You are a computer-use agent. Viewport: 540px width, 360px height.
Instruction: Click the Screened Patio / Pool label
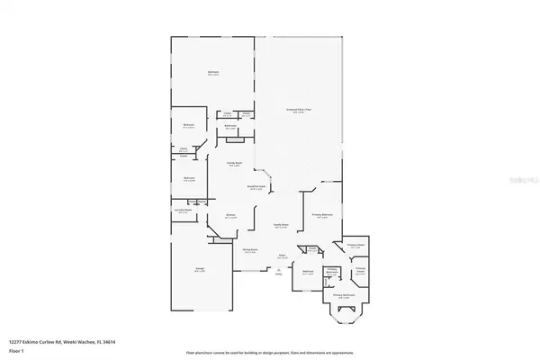click(298, 110)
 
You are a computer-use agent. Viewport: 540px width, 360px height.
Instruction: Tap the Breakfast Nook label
click(258, 186)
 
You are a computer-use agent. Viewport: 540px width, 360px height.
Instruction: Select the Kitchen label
click(230, 216)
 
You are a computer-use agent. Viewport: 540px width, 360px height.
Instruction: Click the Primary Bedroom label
click(323, 216)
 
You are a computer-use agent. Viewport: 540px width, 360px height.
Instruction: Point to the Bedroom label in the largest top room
click(213, 74)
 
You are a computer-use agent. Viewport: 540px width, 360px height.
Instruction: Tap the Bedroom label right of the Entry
click(307, 272)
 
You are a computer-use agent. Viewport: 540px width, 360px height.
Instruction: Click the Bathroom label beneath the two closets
click(230, 126)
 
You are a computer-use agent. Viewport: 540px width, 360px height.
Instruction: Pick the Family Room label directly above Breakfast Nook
click(233, 164)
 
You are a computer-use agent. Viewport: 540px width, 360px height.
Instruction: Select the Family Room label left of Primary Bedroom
click(281, 225)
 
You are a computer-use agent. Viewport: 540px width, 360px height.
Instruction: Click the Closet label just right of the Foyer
click(311, 248)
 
